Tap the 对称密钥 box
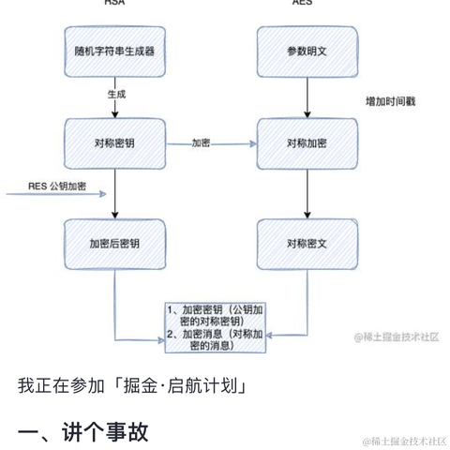pos(113,143)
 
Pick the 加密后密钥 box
pos(113,243)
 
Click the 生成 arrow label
pos(117,96)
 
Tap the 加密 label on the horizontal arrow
pos(201,143)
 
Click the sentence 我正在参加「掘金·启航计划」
pos(132,385)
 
